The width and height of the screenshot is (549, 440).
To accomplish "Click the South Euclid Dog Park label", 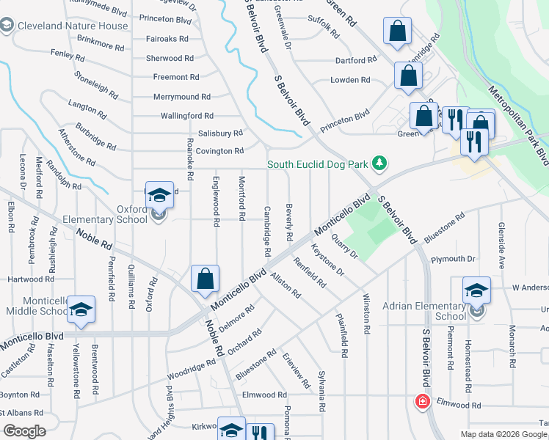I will (317, 164).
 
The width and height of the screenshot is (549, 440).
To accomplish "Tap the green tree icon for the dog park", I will (379, 163).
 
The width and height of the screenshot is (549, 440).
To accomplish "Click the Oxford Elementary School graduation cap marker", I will (159, 196).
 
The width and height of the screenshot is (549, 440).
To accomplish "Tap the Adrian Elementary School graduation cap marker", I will (476, 291).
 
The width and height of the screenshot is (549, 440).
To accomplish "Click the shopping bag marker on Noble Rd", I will (205, 279).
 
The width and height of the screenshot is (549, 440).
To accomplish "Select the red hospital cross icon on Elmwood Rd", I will (422, 401).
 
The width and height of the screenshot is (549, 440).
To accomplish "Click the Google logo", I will (24, 430).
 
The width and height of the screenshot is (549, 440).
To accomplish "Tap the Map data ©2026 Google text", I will (503, 434).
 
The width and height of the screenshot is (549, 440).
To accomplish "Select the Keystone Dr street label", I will (327, 260).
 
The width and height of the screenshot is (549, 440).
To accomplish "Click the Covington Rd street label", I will (219, 151).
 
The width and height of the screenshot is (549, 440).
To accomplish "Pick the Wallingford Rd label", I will (186, 116).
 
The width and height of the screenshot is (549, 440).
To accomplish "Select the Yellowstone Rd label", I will (76, 371).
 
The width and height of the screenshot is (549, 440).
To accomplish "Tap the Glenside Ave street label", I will (502, 244).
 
